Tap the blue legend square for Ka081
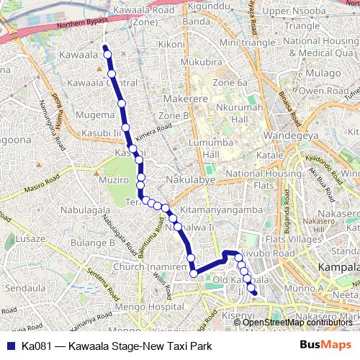tap(9, 345)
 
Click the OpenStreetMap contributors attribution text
tap(296, 322)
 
